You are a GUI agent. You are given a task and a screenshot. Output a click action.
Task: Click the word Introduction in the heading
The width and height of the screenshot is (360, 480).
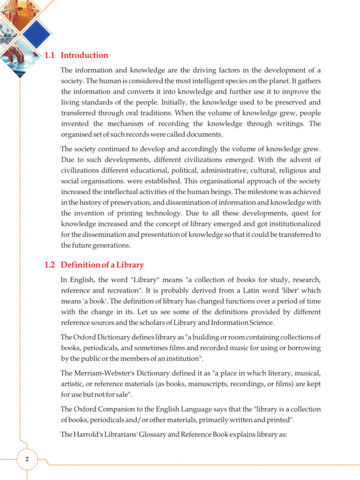(84, 55)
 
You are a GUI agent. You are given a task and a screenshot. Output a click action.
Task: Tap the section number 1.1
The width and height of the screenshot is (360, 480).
(50, 55)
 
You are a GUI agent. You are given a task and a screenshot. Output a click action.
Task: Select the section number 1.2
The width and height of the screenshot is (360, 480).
(50, 265)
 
